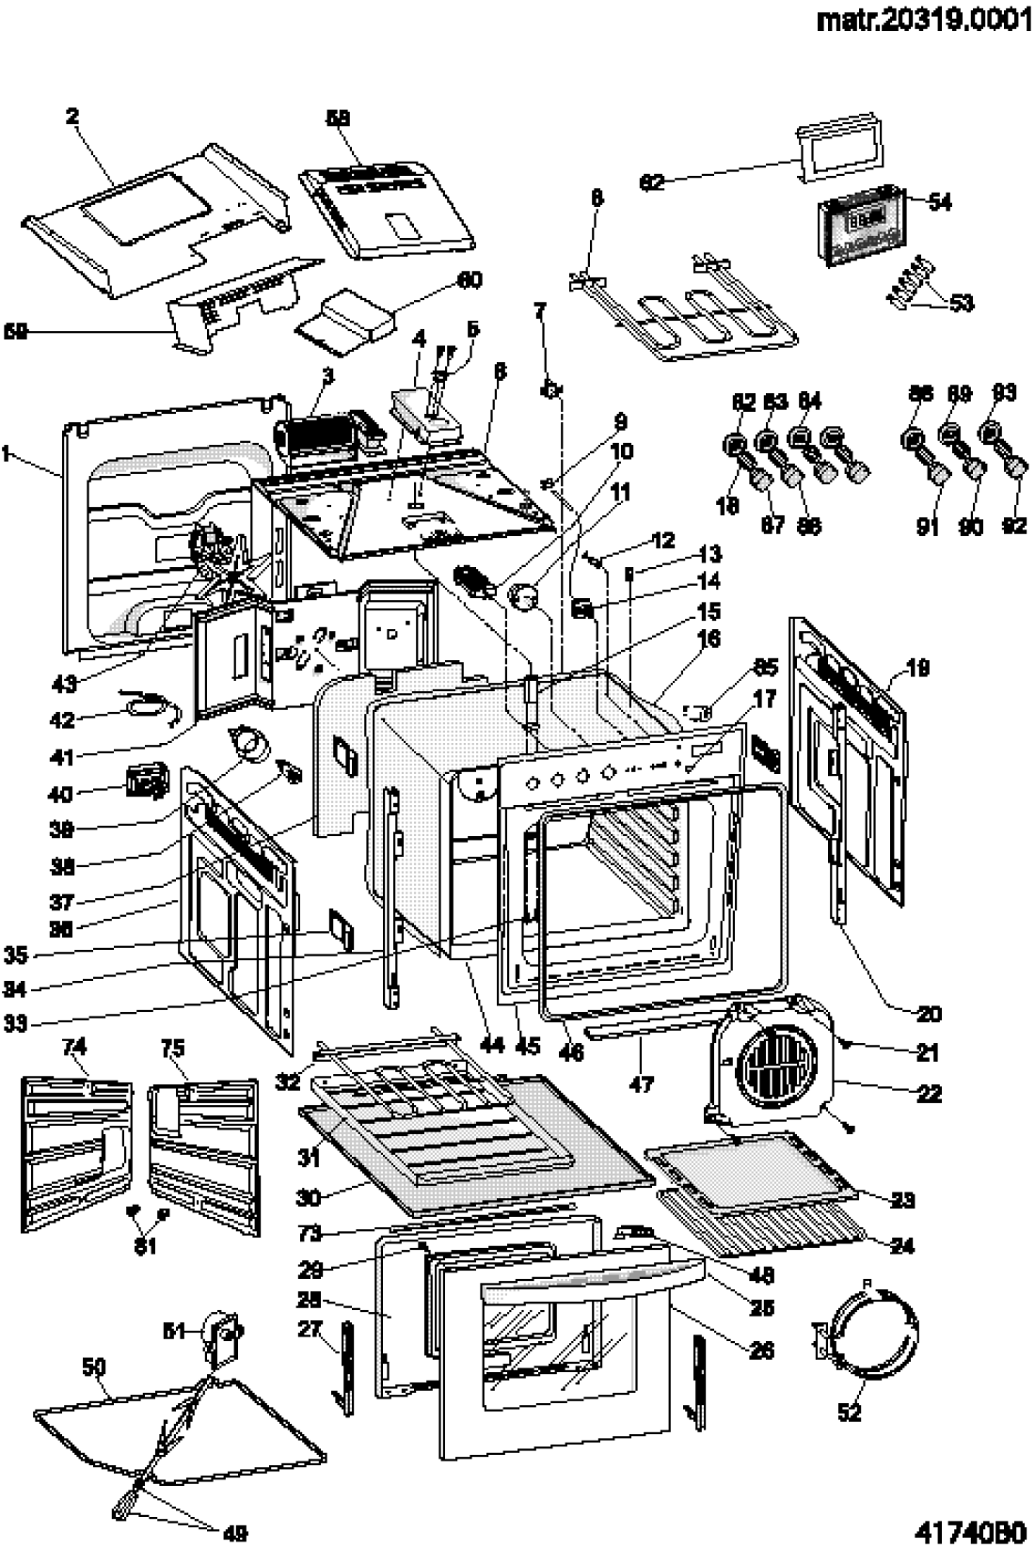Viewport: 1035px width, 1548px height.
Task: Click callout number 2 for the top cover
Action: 72,117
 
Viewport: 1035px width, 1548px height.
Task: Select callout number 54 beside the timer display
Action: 939,201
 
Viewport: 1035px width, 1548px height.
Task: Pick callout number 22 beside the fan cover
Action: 930,1094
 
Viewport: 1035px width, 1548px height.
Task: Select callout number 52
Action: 850,1413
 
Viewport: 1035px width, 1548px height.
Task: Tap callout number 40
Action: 59,795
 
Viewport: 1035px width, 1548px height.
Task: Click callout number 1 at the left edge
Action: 8,454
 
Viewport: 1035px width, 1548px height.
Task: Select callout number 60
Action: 469,280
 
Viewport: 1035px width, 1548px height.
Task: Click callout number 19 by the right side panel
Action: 918,669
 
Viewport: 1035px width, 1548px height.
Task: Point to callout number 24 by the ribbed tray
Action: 902,1245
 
